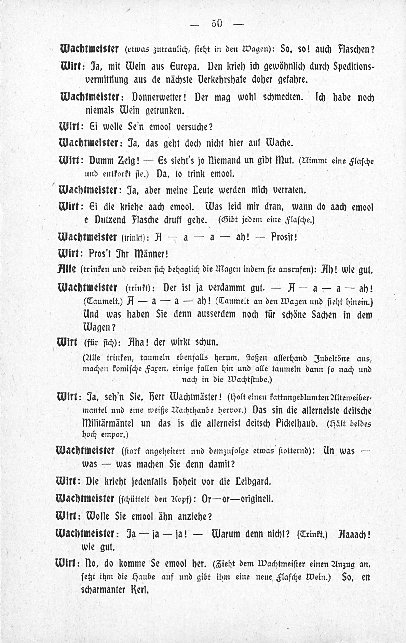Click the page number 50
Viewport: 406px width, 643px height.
[x=217, y=24]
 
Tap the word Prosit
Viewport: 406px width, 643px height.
[x=284, y=237]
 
